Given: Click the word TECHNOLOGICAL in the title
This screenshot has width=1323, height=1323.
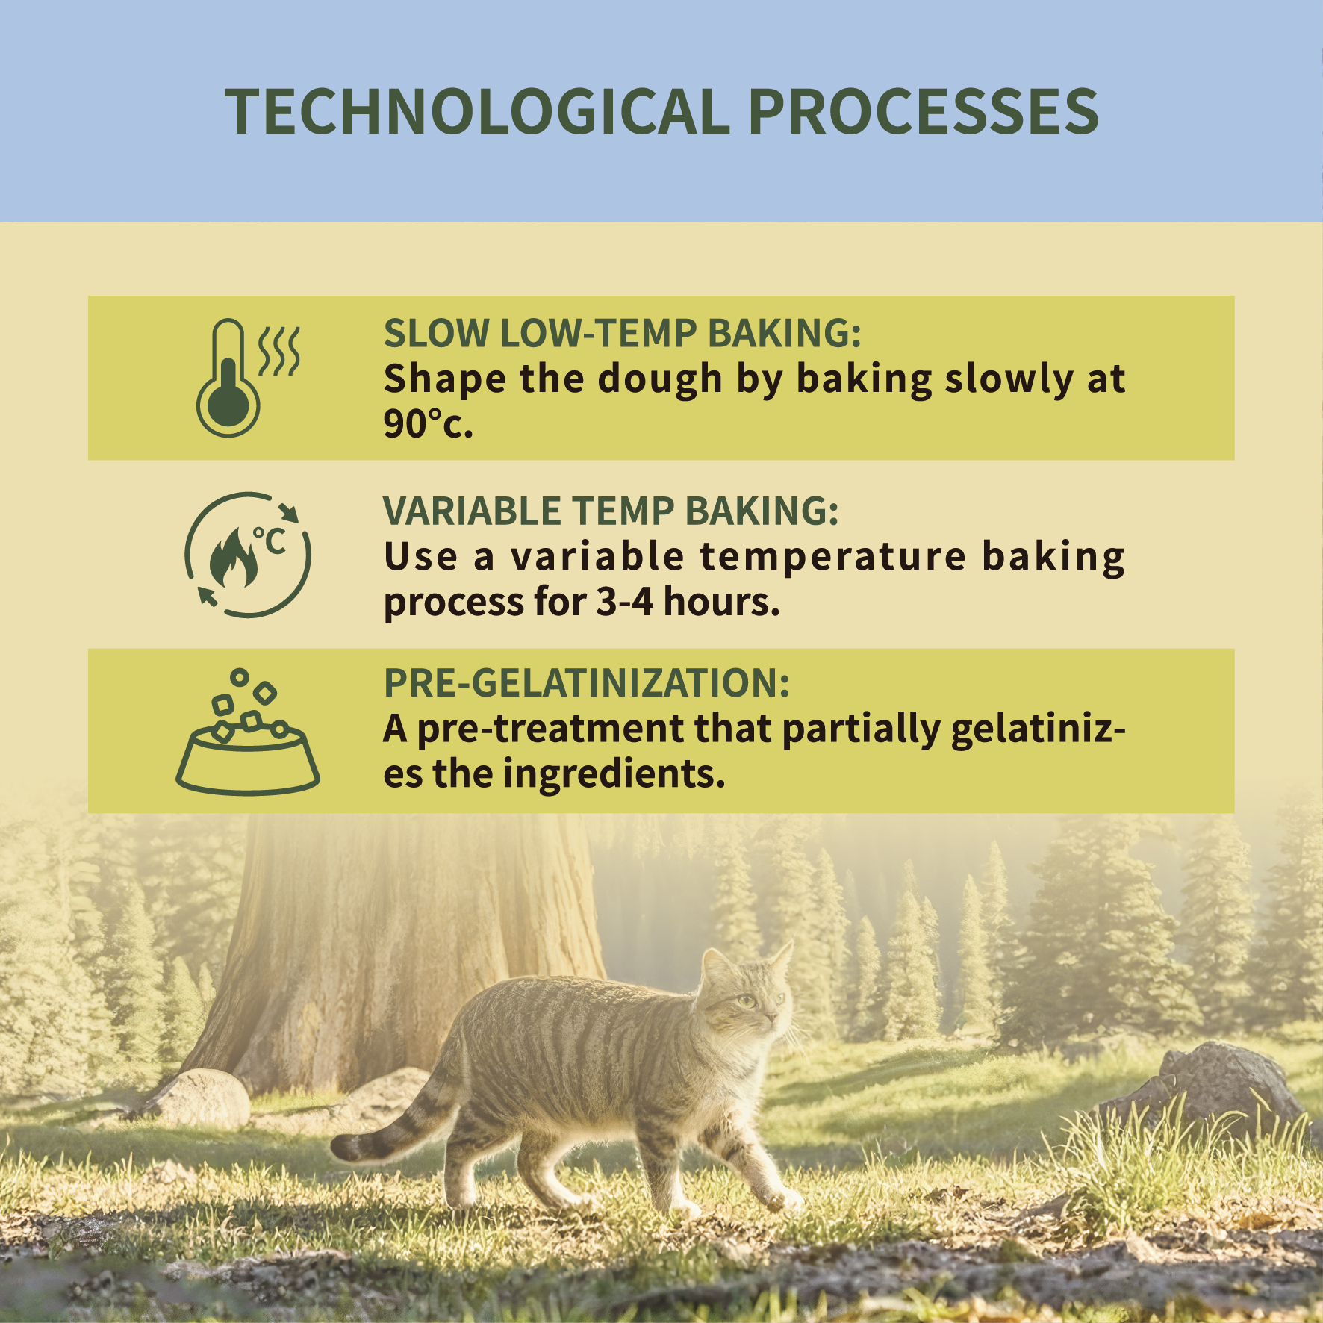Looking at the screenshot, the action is (477, 112).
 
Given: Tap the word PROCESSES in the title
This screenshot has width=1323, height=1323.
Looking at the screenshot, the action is (923, 112).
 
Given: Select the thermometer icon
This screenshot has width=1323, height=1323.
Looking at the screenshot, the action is (247, 378).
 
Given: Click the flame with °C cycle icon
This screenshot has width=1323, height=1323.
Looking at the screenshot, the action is (247, 555).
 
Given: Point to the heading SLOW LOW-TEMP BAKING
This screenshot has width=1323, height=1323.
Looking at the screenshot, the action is (622, 333).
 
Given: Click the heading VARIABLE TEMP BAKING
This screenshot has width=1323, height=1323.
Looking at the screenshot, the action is (611, 511).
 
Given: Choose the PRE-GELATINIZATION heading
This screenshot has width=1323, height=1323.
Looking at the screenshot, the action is (586, 682).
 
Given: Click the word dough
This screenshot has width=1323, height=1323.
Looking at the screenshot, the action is (660, 379).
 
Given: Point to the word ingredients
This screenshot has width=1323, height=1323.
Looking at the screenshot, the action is (614, 774).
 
